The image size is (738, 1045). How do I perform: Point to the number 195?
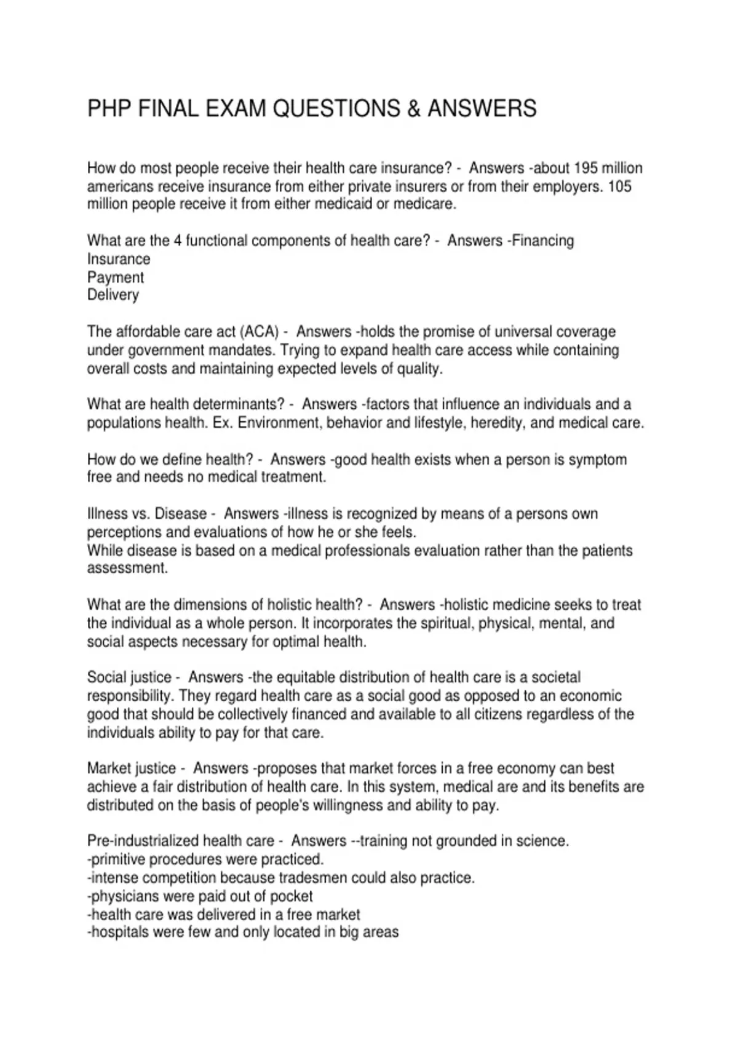(x=585, y=168)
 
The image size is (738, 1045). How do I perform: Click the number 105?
(x=619, y=186)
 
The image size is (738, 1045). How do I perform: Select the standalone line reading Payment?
(x=116, y=277)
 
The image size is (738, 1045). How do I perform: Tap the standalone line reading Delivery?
(x=113, y=295)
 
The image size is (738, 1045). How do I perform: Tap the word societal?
(x=550, y=677)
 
